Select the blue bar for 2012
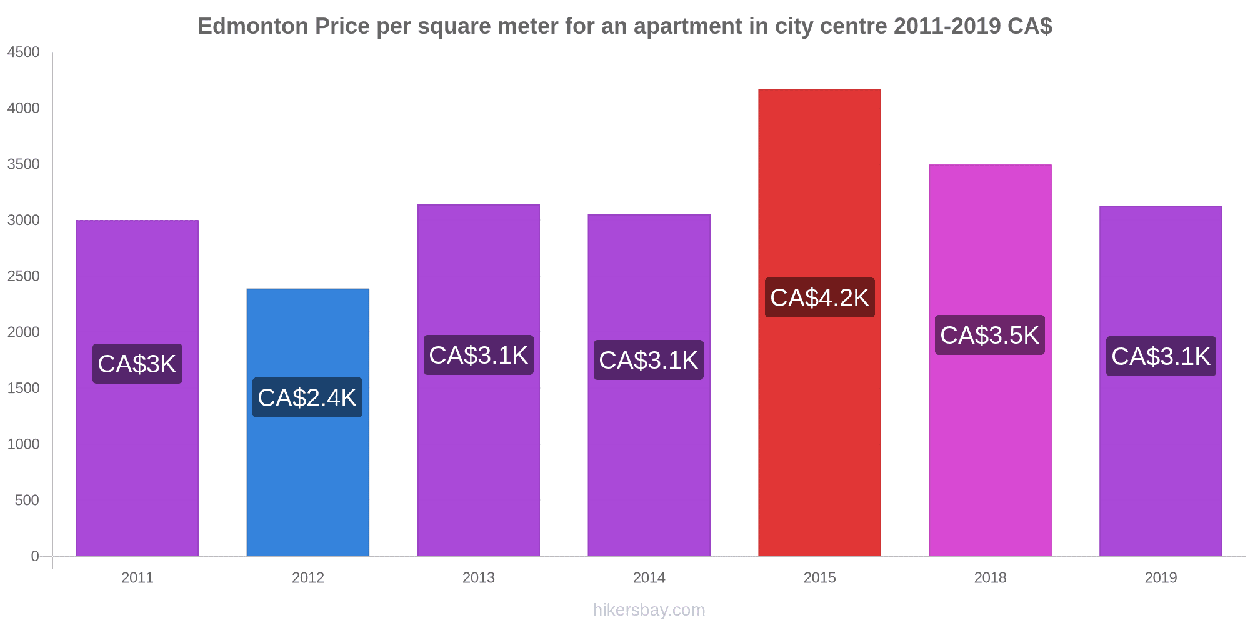click(307, 475)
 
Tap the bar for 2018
click(990, 450)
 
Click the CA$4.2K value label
click(819, 297)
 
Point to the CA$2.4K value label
click(307, 397)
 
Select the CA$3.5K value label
click(990, 335)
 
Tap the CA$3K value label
click(137, 364)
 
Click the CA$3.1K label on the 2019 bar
click(1161, 356)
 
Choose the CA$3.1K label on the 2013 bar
click(479, 355)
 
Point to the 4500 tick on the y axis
click(24, 52)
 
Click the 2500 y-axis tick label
click(24, 276)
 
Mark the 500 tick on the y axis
click(27, 500)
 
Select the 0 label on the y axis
click(35, 556)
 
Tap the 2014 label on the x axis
click(649, 577)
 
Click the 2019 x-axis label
click(1161, 577)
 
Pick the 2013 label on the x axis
click(479, 577)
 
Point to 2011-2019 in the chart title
click(947, 26)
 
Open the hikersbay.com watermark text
click(649, 610)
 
